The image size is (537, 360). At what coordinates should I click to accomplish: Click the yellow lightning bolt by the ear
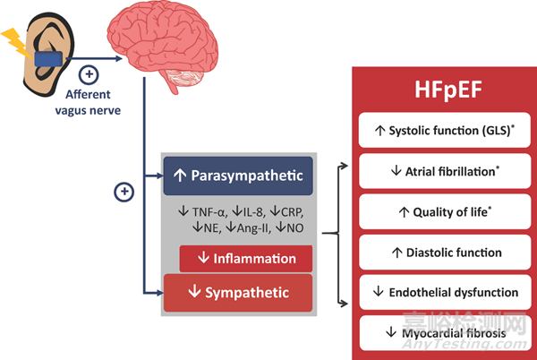[16, 42]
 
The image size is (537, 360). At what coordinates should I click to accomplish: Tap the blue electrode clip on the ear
[48, 59]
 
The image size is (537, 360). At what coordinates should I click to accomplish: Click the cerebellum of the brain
[185, 78]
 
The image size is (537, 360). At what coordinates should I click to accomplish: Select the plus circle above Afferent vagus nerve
[89, 74]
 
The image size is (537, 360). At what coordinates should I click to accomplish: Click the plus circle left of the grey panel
[124, 192]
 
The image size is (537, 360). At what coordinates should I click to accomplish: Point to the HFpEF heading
[448, 90]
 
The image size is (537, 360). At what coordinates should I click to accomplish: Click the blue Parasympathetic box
[238, 176]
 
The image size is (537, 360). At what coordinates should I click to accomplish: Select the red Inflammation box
[246, 259]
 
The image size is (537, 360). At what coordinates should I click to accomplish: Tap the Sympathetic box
[238, 293]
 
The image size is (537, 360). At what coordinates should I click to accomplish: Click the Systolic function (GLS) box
[445, 130]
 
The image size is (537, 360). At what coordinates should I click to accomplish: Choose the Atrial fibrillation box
[445, 171]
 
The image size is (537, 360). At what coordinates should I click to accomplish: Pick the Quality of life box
[445, 211]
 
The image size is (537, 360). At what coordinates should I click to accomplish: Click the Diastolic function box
[445, 253]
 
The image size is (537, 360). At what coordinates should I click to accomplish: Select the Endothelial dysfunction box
[445, 292]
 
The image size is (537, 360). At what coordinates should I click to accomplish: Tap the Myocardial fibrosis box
[445, 332]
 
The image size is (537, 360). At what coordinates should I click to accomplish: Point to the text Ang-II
[253, 227]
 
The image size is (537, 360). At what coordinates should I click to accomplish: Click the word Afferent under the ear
[88, 94]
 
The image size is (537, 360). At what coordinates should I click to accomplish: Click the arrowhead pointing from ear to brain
[119, 58]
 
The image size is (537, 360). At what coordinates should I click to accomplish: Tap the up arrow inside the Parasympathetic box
[180, 176]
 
